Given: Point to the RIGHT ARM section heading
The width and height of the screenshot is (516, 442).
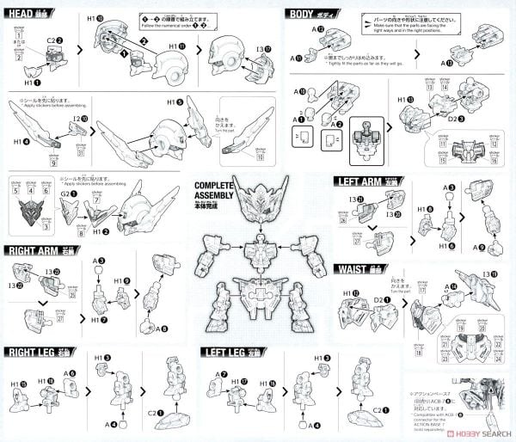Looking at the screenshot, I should click(x=40, y=251).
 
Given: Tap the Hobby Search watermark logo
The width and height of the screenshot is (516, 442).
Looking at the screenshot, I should click(x=464, y=433).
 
